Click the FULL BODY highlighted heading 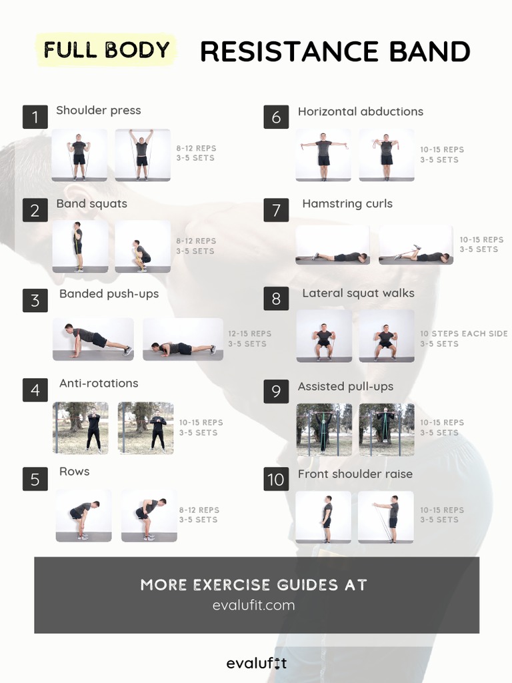106,49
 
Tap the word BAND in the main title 430,51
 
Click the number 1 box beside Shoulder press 35,117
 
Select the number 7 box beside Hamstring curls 276,210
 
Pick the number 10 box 276,479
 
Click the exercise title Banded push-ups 109,294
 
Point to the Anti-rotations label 99,384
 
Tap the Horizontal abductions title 361,111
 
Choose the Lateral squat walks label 358,293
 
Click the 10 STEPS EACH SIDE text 464,333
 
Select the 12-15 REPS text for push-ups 249,333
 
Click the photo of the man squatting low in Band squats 143,247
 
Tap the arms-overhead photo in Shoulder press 143,155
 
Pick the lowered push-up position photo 183,339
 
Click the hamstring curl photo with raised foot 416,245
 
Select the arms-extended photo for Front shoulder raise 386,517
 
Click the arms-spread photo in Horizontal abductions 323,155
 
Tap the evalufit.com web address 254,606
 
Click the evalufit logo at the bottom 257,664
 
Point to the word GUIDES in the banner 308,585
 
